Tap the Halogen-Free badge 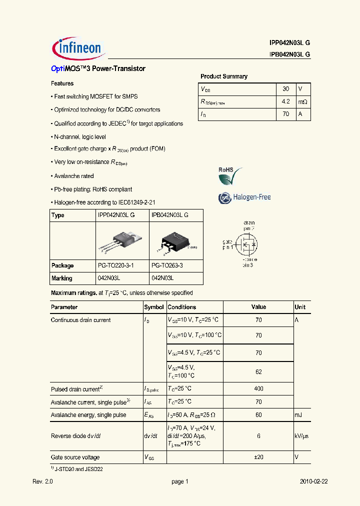[x=244, y=197]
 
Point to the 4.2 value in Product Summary [x=285, y=101]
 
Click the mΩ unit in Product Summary [x=302, y=101]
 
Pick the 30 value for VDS [x=285, y=88]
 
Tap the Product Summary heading [x=224, y=76]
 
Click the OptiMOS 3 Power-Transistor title [x=98, y=68]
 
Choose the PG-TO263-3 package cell [x=167, y=265]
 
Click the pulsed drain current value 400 [x=258, y=388]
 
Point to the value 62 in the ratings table [x=258, y=371]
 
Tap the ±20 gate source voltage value [x=258, y=457]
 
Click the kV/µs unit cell [x=301, y=436]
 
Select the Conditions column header [x=181, y=307]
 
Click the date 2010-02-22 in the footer [x=313, y=481]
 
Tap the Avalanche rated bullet [x=73, y=176]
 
